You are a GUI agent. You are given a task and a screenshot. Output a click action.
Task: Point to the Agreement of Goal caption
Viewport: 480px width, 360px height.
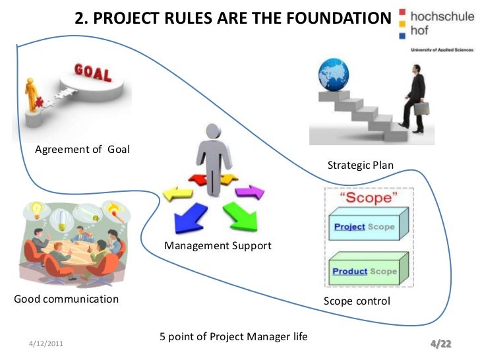coord(82,149)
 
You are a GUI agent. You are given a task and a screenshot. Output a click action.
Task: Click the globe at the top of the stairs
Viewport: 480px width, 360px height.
coord(333,75)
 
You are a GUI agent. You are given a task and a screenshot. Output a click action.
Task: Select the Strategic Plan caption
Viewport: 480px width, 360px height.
coord(360,165)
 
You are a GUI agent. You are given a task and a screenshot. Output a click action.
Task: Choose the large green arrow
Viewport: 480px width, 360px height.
coord(240,215)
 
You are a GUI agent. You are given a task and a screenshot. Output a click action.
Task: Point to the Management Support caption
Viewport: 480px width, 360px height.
coord(218,246)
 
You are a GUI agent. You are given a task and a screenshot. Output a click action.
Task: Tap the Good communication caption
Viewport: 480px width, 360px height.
coord(67,299)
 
